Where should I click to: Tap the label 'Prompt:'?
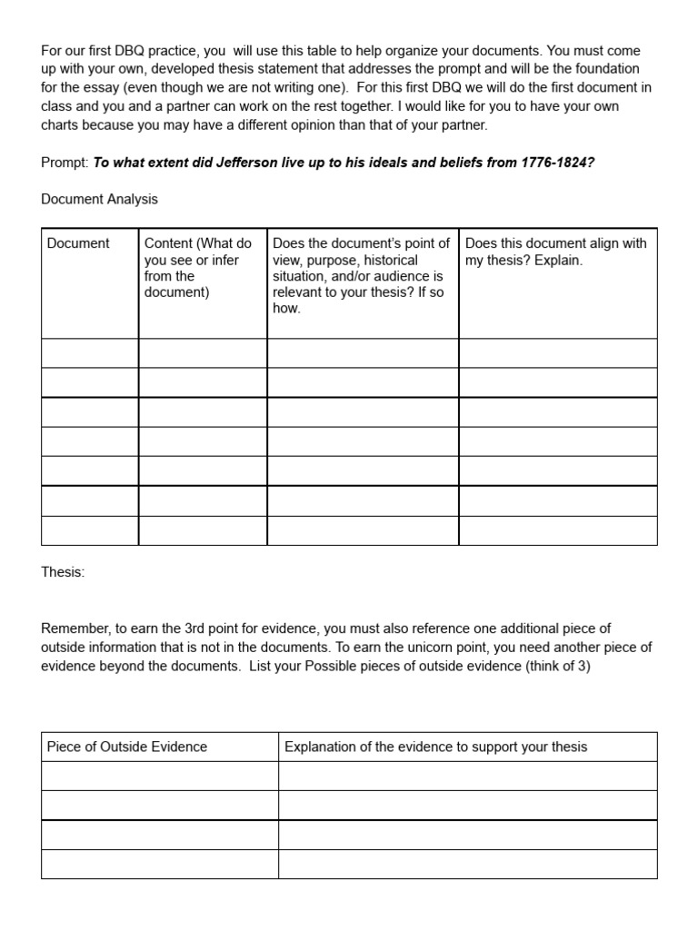(65, 163)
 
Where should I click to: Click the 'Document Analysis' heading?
(99, 199)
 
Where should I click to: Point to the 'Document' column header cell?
(78, 243)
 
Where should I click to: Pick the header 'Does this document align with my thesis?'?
(555, 252)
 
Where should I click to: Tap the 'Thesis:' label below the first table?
(63, 572)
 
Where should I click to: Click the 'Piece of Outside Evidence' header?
(127, 747)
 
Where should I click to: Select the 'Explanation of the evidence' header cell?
(435, 747)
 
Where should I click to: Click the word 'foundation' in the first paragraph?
(608, 69)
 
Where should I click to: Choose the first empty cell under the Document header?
(90, 353)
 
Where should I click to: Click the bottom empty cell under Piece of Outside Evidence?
(159, 864)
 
